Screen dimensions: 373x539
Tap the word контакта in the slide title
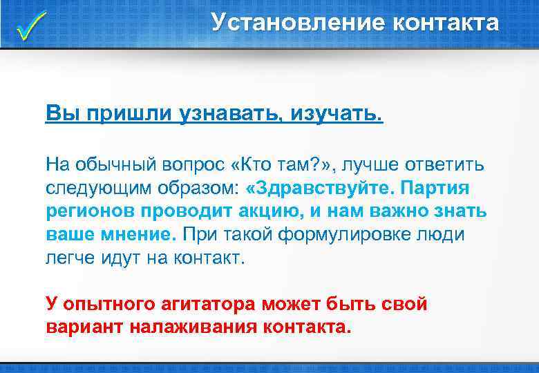445,22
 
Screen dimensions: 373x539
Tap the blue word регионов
85,211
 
